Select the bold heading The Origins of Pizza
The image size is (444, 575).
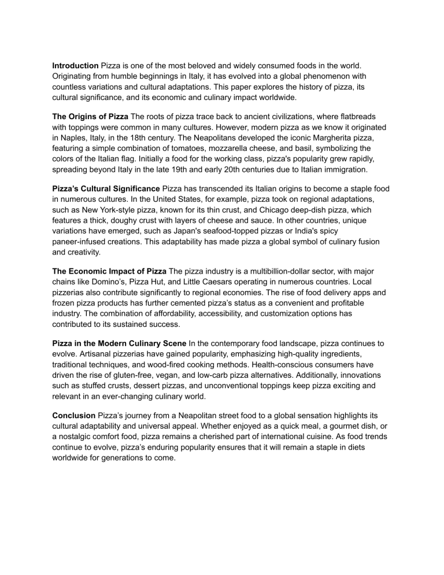point(90,117)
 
